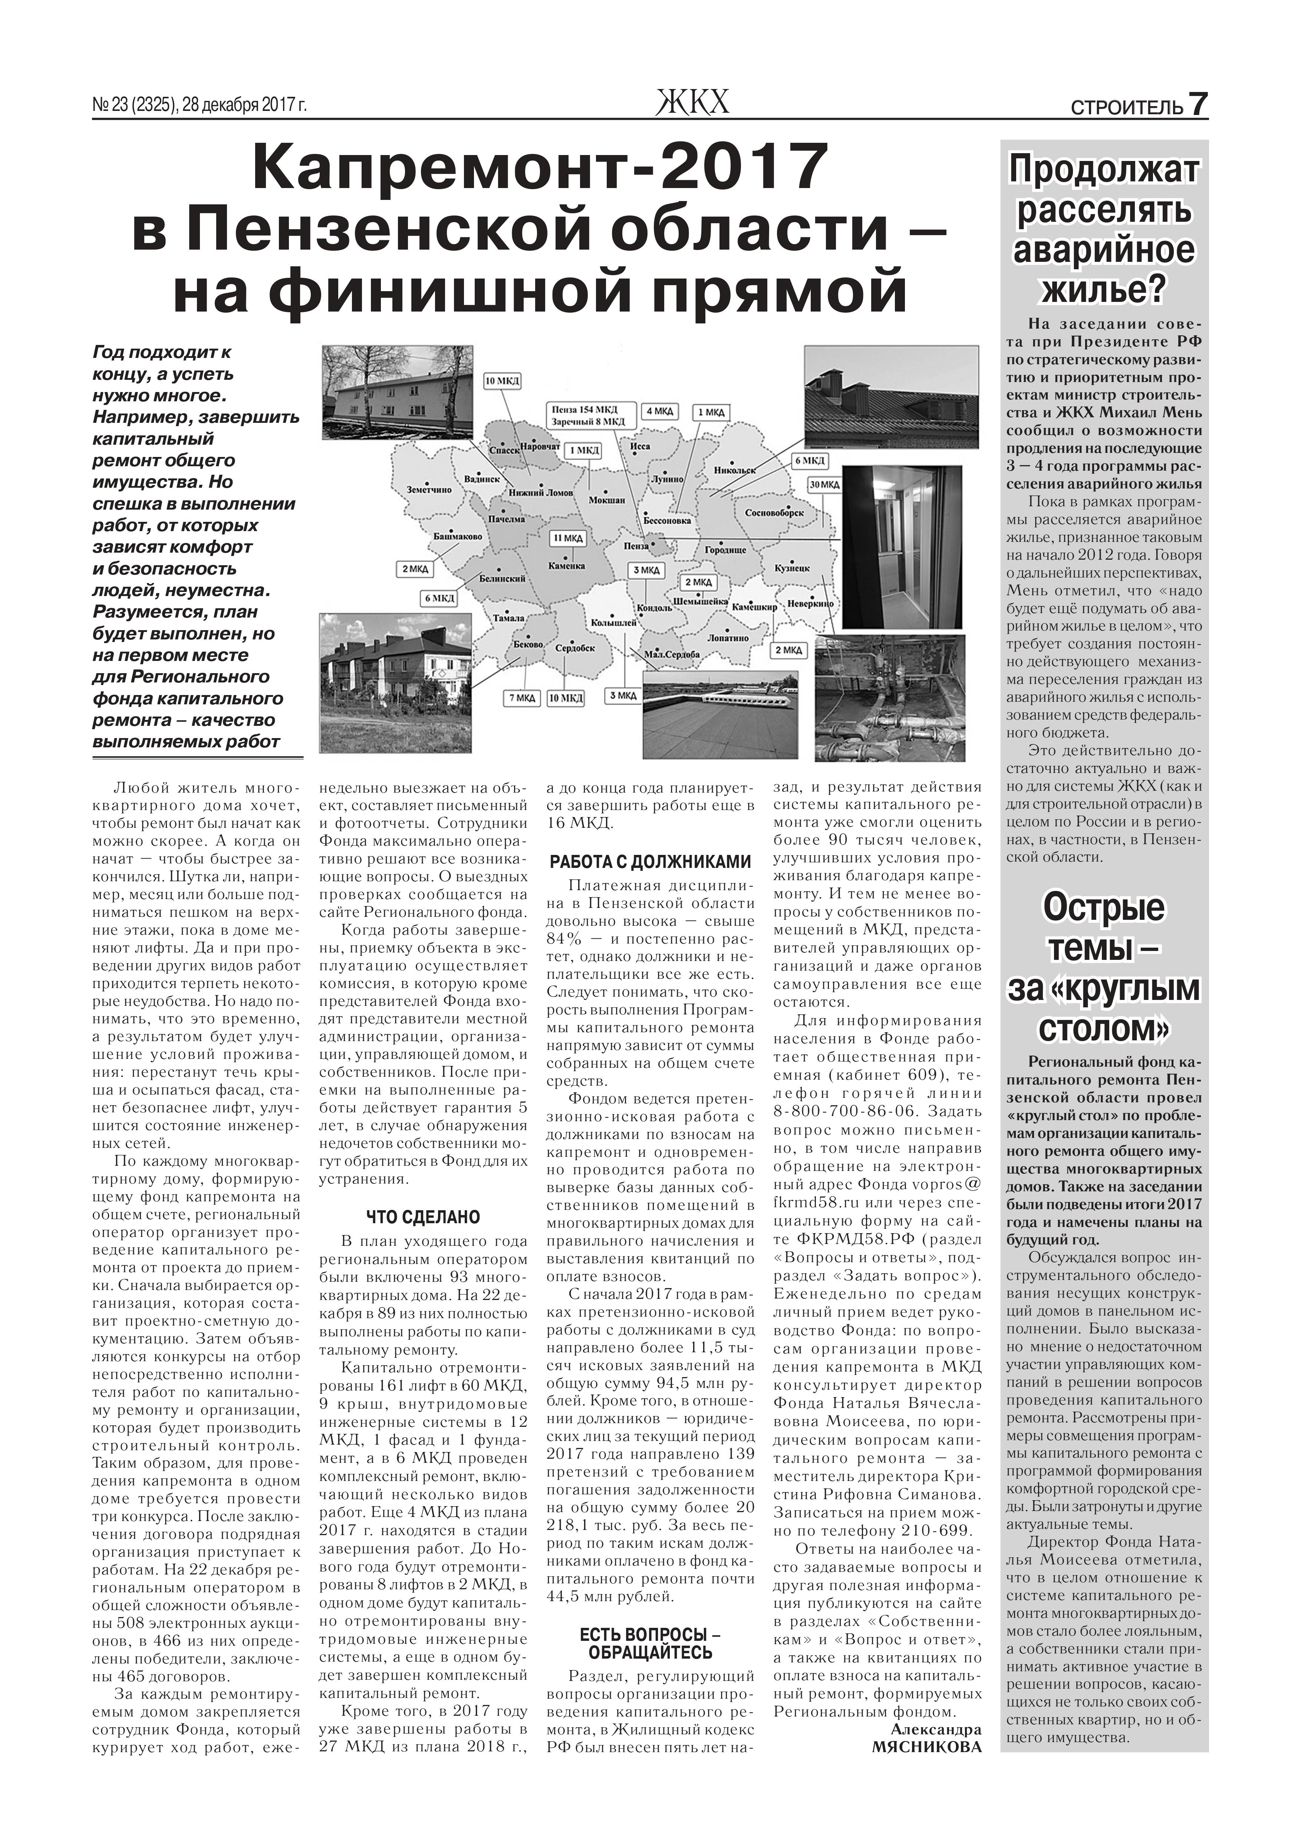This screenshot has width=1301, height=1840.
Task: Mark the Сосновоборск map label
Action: coord(774,511)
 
